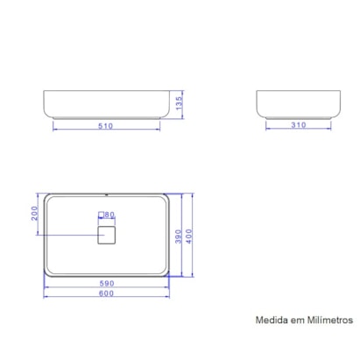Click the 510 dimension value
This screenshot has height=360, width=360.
[107, 125]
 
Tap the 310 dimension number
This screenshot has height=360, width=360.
[299, 125]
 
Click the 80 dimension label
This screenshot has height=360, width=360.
[109, 214]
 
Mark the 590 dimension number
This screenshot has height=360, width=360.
[106, 283]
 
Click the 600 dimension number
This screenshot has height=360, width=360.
[106, 293]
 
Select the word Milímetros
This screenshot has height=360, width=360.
[328, 321]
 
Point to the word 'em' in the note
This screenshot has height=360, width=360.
[296, 321]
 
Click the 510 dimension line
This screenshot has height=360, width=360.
[79, 131]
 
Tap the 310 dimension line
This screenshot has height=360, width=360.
[280, 131]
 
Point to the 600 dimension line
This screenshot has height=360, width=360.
[70, 299]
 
